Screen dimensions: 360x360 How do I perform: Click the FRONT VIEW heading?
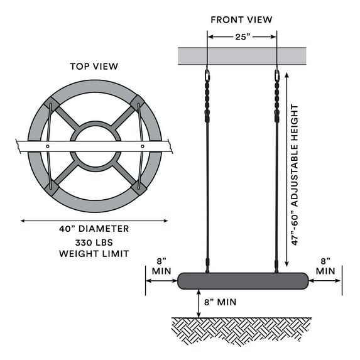pyautogui.click(x=241, y=19)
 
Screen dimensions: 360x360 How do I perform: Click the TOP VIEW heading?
pyautogui.click(x=94, y=67)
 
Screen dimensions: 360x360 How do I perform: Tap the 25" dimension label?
pyautogui.click(x=243, y=36)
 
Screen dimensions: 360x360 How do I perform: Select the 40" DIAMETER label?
pyautogui.click(x=94, y=229)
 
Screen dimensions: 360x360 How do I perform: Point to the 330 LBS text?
pyautogui.click(x=94, y=243)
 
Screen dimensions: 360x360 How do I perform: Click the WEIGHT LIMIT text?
pyautogui.click(x=94, y=254)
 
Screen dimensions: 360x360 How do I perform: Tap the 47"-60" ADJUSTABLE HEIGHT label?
pyautogui.click(x=295, y=175)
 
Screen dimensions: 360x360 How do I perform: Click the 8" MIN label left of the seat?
pyautogui.click(x=161, y=266)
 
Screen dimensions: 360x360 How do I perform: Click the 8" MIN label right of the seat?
pyautogui.click(x=325, y=266)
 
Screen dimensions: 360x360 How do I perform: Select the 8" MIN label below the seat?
pyautogui.click(x=220, y=302)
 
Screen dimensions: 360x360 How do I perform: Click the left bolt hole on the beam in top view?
pyautogui.click(x=48, y=146)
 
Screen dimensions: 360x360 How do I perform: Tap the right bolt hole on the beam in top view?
pyautogui.click(x=143, y=146)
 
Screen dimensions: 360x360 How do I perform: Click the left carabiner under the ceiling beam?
pyautogui.click(x=207, y=75)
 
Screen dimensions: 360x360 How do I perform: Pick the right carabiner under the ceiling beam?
pyautogui.click(x=277, y=75)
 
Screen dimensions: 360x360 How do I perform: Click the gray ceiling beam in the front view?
pyautogui.click(x=242, y=56)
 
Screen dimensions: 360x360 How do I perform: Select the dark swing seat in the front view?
pyautogui.click(x=243, y=281)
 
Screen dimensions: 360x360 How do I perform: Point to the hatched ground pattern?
pyautogui.click(x=241, y=330)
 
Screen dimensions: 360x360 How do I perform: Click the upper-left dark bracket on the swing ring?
pyautogui.click(x=52, y=104)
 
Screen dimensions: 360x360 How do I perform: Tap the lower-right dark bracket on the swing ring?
pyautogui.click(x=139, y=188)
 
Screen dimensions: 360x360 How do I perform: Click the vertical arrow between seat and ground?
pyautogui.click(x=199, y=303)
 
